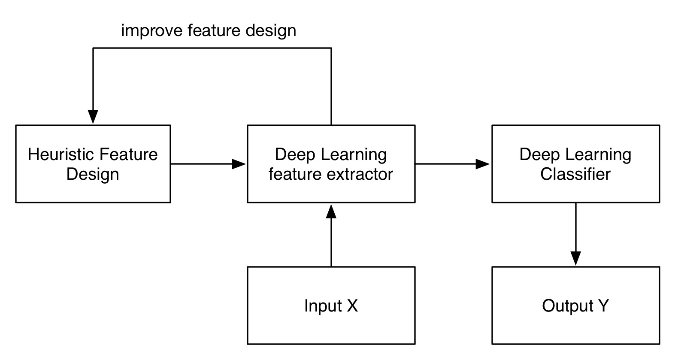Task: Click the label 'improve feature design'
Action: click(209, 31)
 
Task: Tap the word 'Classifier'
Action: click(575, 174)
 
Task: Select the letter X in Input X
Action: click(352, 306)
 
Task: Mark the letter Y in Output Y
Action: click(603, 306)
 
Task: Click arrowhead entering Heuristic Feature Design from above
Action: click(93, 117)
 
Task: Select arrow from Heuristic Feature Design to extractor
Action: click(208, 163)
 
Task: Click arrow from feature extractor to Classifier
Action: click(452, 163)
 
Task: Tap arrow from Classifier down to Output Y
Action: click(575, 234)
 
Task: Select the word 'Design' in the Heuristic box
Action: click(93, 175)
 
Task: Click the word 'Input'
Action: click(323, 306)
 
